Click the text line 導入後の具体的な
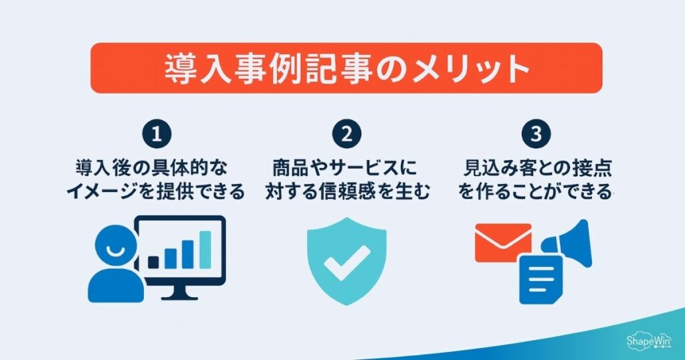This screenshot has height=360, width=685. coord(156,165)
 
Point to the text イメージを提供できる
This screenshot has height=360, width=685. coord(156,193)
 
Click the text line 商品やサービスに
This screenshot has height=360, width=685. coord(347,165)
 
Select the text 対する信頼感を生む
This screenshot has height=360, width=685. coord(347,193)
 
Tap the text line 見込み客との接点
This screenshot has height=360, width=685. coord(535,165)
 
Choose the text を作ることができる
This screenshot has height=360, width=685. coord(535,193)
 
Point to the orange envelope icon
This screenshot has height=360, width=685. coord(502,242)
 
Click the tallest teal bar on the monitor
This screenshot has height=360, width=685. coord(205,249)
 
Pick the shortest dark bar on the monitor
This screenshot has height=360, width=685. coord(154,262)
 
